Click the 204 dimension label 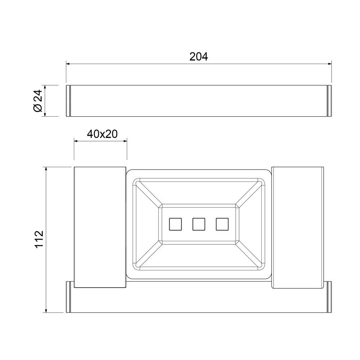click(199, 57)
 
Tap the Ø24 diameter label click(38, 101)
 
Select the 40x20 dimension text click(102, 134)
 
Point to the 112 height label click(39, 239)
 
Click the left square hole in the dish click(175, 224)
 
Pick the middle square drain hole click(199, 224)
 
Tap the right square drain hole click(222, 224)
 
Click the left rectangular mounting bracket click(100, 227)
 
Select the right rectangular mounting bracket click(298, 227)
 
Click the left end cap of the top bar click(68, 101)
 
